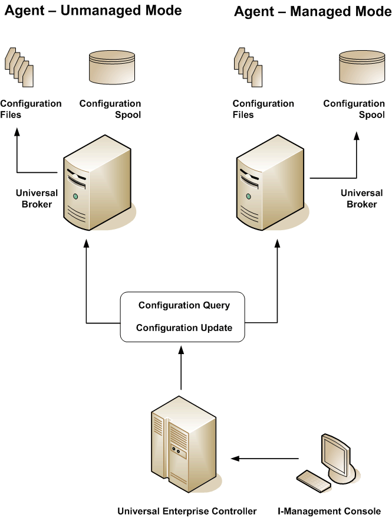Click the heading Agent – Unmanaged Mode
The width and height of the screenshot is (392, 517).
pyautogui.click(x=93, y=11)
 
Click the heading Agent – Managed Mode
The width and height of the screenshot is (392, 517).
pyautogui.click(x=312, y=12)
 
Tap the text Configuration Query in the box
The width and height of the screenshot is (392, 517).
pyautogui.click(x=184, y=306)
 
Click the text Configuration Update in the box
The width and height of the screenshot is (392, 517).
pyautogui.click(x=184, y=328)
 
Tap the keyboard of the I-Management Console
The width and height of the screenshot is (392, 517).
pyautogui.click(x=314, y=480)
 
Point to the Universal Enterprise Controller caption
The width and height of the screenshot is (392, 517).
pyautogui.click(x=187, y=511)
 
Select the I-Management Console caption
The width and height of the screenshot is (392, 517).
pyautogui.click(x=329, y=511)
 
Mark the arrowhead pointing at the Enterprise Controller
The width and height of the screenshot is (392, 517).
pyautogui.click(x=233, y=458)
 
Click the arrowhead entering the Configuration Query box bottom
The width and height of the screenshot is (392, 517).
pyautogui.click(x=182, y=349)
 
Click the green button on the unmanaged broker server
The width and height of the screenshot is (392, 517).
pyautogui.click(x=75, y=196)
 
